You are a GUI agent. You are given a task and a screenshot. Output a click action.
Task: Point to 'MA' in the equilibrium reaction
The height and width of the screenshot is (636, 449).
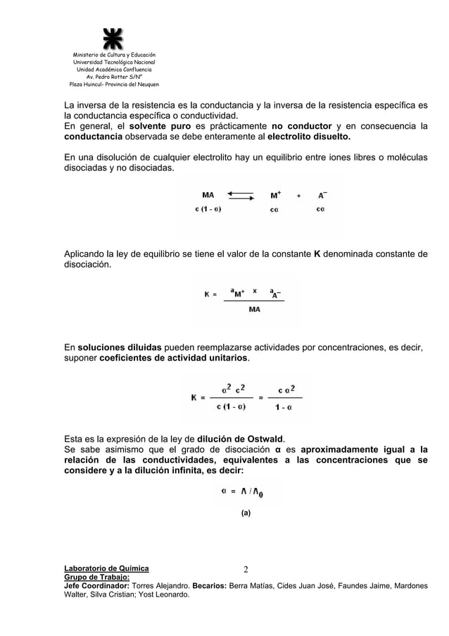pyautogui.click(x=208, y=195)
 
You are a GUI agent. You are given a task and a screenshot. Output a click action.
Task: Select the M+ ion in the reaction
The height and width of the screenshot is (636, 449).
pyautogui.click(x=276, y=194)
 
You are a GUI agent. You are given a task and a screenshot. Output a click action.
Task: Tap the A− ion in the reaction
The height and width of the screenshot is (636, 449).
pyautogui.click(x=322, y=194)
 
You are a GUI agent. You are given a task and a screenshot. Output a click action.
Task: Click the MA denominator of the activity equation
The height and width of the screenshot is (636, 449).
pyautogui.click(x=255, y=309)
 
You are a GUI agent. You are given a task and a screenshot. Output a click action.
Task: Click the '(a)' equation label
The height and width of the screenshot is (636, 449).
pyautogui.click(x=245, y=513)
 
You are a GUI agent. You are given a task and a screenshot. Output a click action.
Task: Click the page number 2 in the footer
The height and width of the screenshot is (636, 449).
pyautogui.click(x=246, y=569)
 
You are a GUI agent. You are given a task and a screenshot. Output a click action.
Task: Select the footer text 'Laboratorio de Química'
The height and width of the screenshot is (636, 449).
pyautogui.click(x=106, y=568)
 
